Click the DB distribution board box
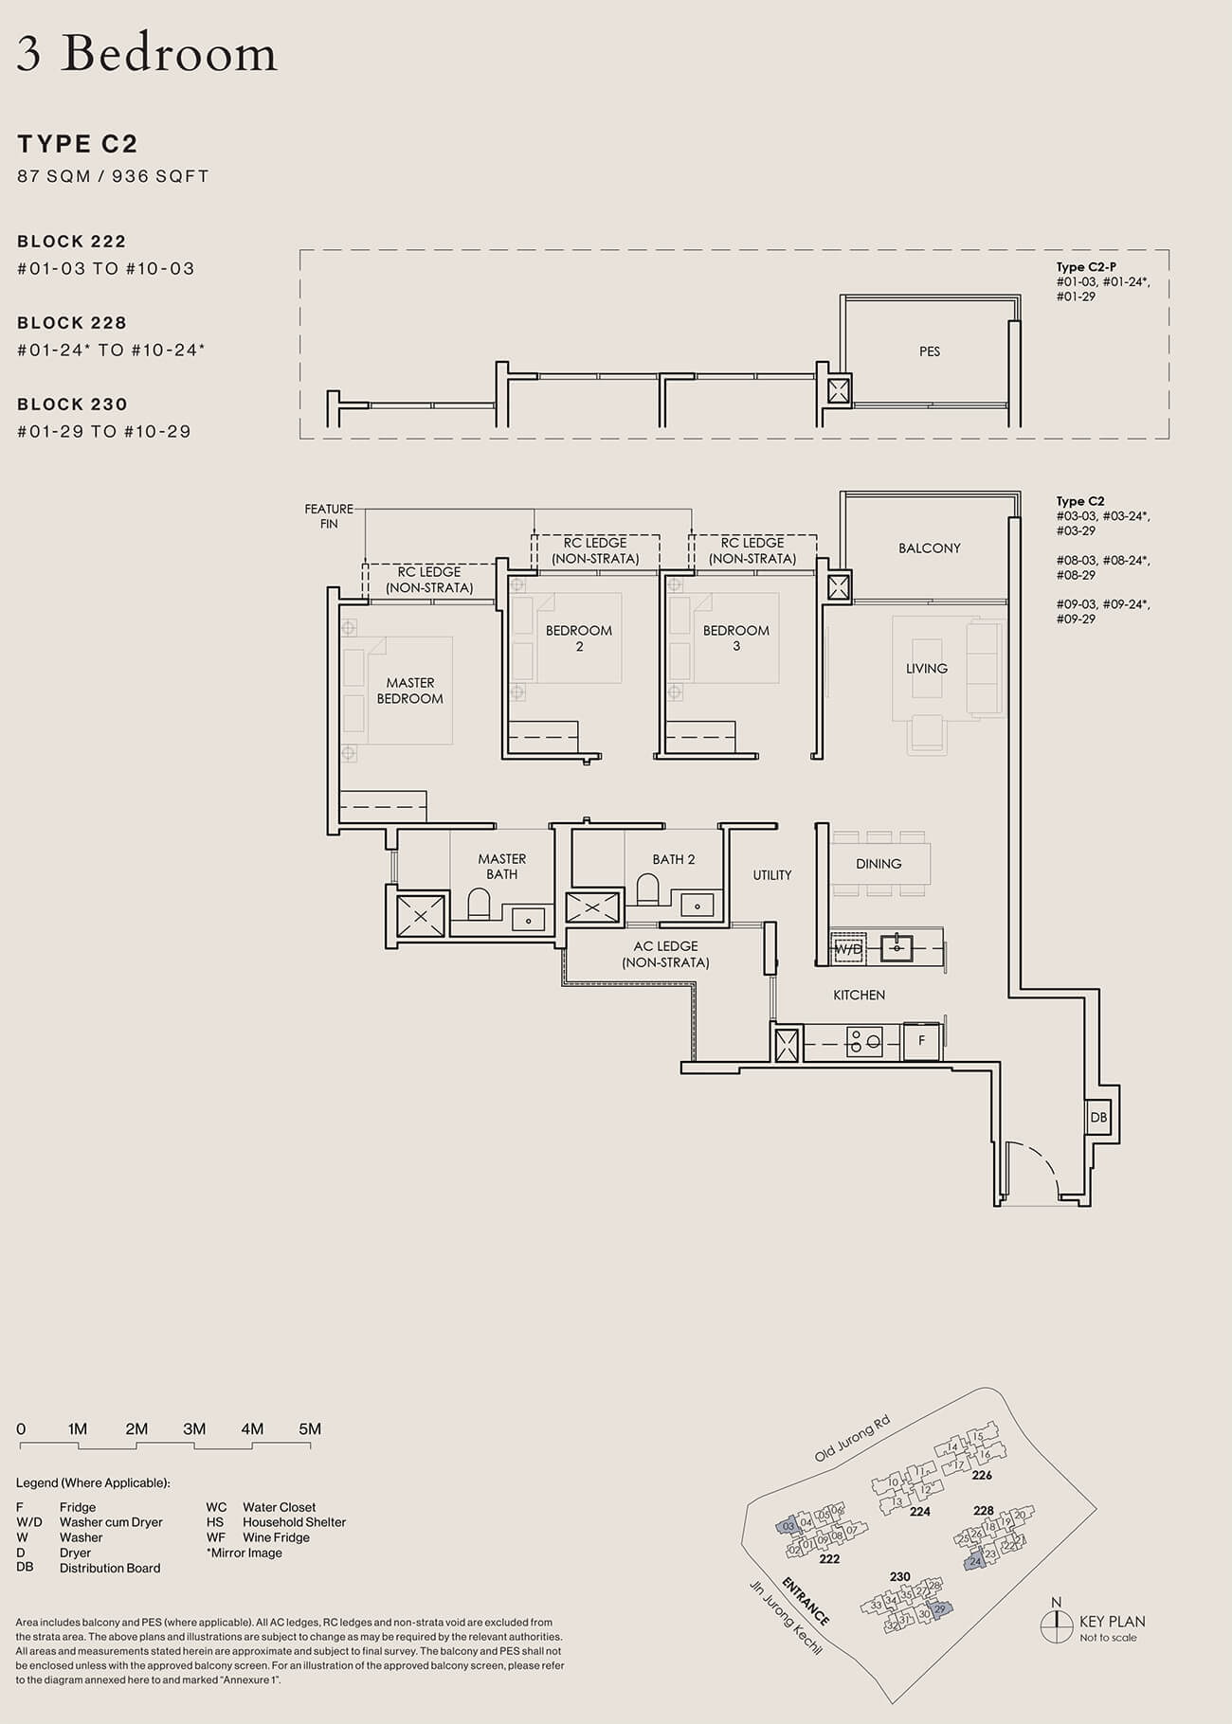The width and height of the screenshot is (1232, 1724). (1098, 1117)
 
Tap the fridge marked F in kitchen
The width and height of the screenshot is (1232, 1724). (921, 1042)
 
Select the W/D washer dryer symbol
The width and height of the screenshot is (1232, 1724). (848, 948)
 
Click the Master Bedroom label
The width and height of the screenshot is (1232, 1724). (409, 691)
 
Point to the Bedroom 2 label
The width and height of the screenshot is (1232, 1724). (578, 638)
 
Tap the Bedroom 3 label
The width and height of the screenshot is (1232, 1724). (736, 638)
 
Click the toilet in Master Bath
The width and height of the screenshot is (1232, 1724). (478, 905)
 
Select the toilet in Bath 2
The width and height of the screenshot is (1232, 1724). (648, 889)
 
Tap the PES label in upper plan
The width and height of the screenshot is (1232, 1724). (929, 351)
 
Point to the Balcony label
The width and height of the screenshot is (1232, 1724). (929, 548)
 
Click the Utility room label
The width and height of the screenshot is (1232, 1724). (771, 875)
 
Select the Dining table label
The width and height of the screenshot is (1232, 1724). (879, 864)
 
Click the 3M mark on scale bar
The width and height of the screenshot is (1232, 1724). (194, 1429)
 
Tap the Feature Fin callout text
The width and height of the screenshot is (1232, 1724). (329, 516)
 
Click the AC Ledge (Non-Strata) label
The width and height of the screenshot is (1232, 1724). (665, 954)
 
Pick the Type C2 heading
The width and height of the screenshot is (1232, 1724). (78, 144)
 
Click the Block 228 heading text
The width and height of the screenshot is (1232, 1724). (72, 323)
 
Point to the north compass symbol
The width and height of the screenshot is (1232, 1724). (1056, 1625)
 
